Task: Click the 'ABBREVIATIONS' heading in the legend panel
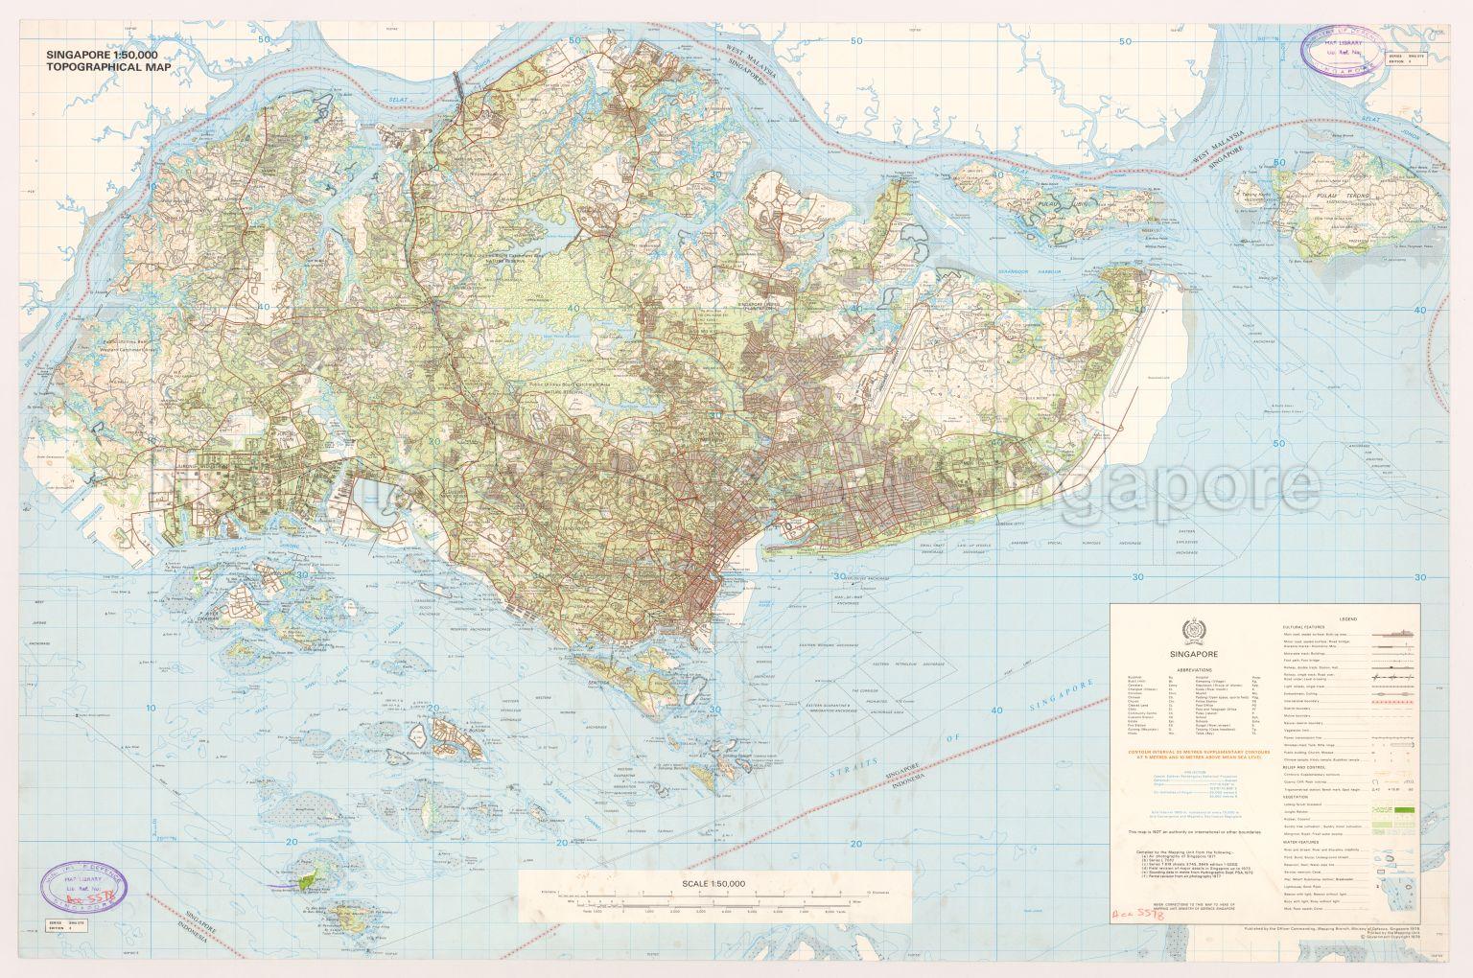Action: [1186, 669]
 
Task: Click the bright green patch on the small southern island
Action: [307, 878]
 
